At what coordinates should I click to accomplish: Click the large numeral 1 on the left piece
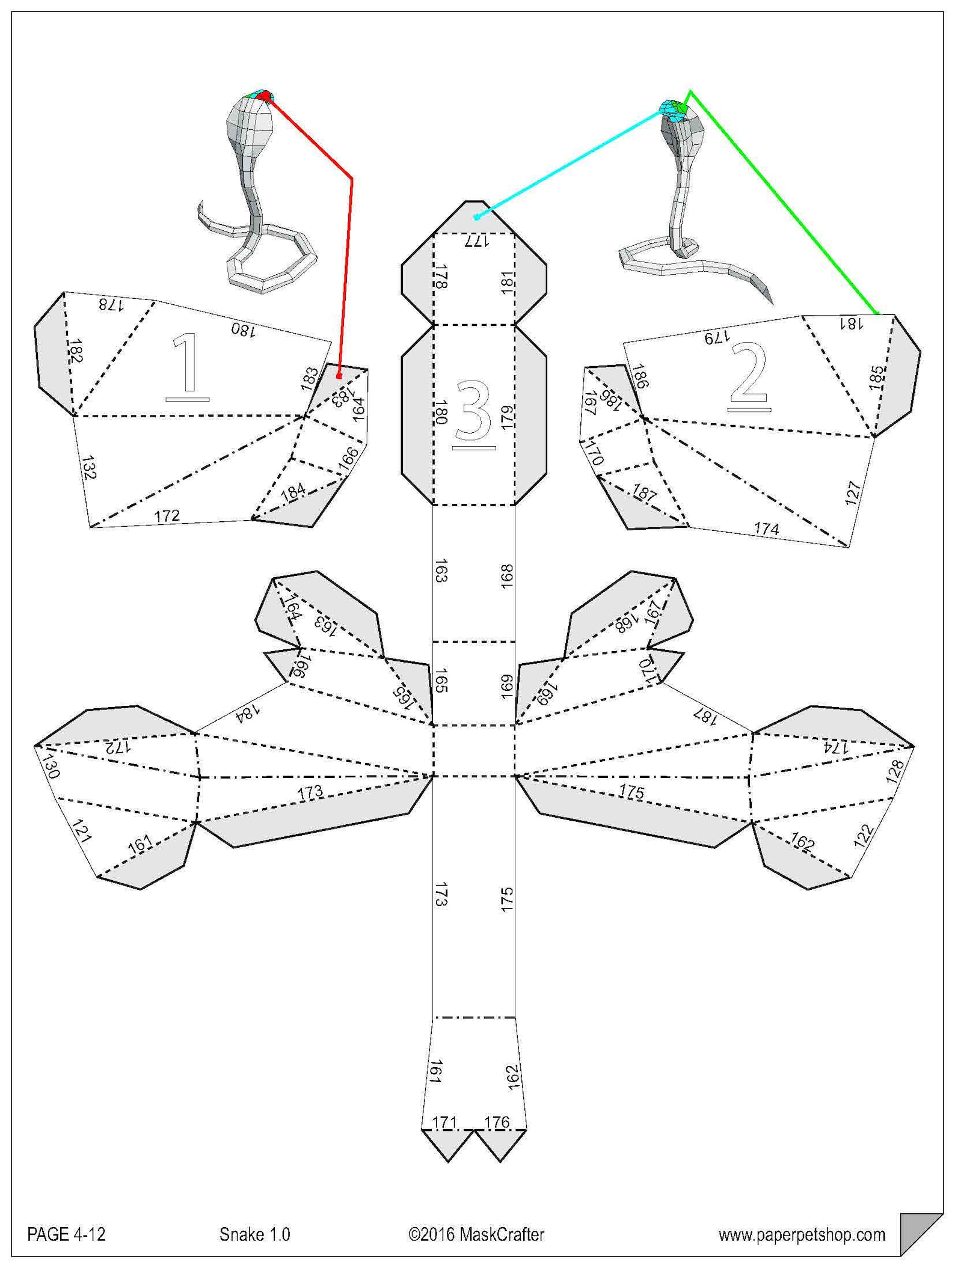tap(187, 366)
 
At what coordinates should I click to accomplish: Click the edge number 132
tap(88, 467)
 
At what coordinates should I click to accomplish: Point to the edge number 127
tap(853, 493)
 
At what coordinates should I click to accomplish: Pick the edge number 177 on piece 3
tap(476, 242)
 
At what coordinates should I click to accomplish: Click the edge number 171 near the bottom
tap(444, 1122)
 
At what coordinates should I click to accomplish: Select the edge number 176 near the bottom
tap(497, 1122)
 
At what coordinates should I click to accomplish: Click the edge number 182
tap(75, 351)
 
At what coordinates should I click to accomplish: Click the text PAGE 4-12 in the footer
tap(66, 1234)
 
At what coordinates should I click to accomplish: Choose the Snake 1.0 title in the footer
tap(254, 1234)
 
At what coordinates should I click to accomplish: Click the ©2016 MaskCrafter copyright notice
tap(476, 1234)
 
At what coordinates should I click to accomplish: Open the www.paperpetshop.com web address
tap(802, 1235)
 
